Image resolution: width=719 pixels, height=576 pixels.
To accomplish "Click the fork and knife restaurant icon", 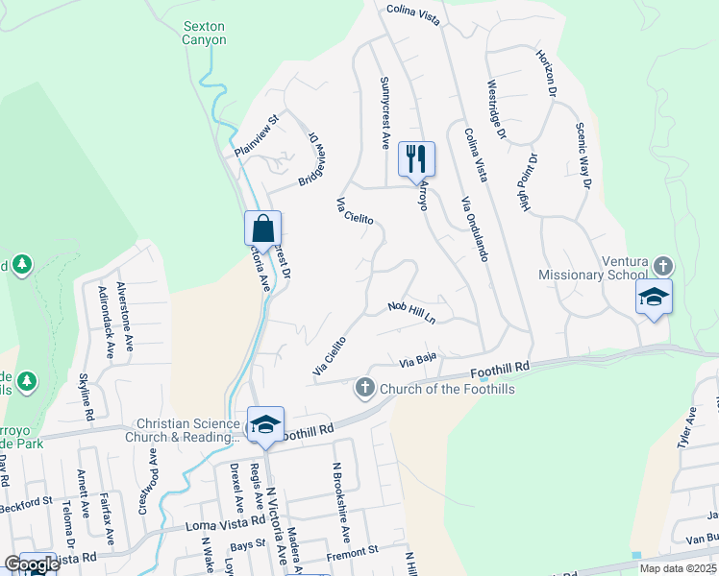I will [x=416, y=159].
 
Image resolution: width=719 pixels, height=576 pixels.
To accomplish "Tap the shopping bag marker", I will [x=262, y=229].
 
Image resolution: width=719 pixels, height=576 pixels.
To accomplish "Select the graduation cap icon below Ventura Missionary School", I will [x=654, y=297].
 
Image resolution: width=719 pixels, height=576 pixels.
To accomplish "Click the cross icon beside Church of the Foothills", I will [x=364, y=388].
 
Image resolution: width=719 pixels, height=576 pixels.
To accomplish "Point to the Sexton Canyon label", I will [x=205, y=34].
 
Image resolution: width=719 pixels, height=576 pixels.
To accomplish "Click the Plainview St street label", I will [x=255, y=136].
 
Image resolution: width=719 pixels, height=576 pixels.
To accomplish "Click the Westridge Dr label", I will [x=496, y=109].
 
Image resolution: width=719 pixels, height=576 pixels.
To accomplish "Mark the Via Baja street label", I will [x=419, y=362].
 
